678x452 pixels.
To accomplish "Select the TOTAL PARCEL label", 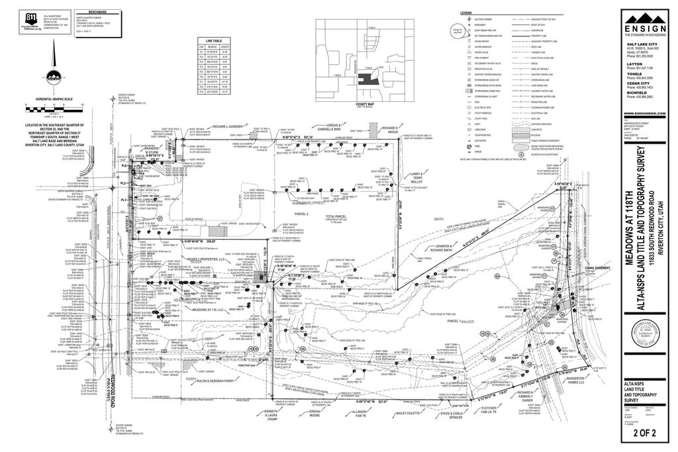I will [x=336, y=216].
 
